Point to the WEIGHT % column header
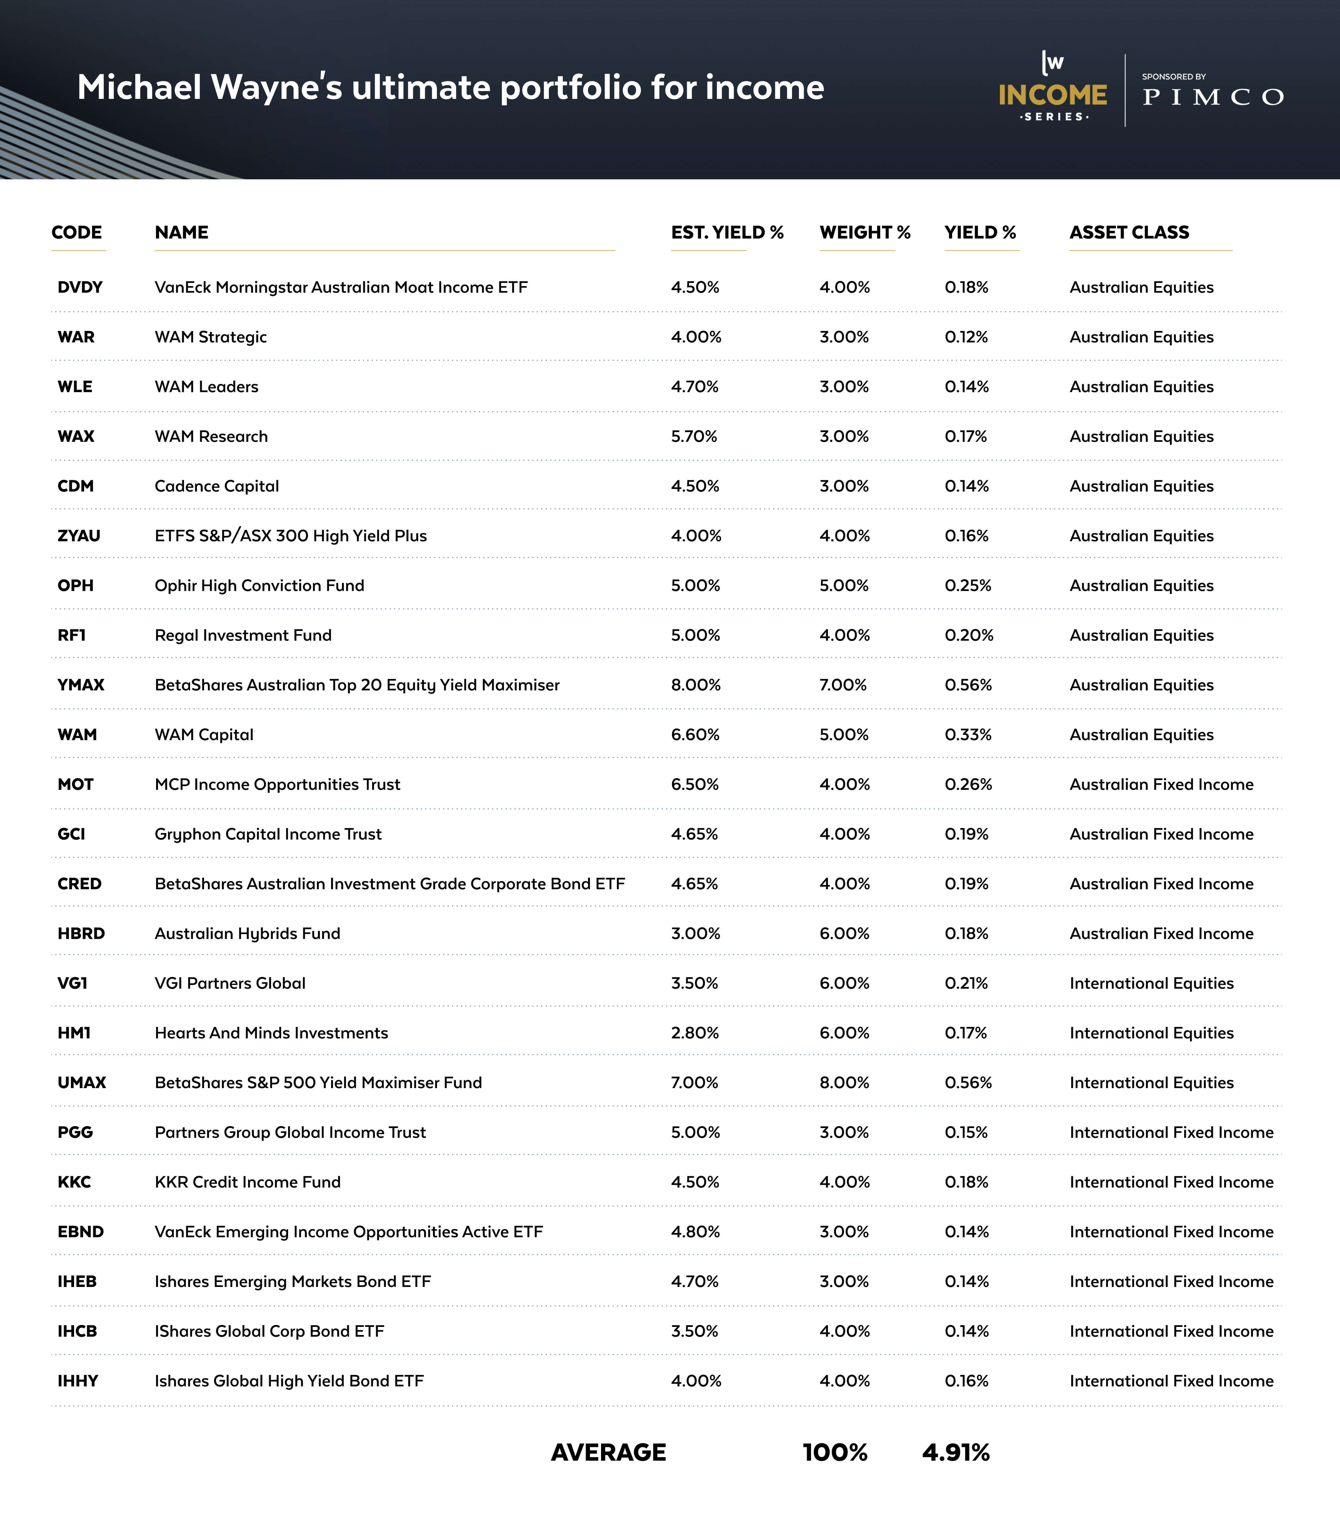click(864, 233)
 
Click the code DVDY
click(80, 287)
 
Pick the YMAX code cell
click(81, 685)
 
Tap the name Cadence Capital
click(217, 486)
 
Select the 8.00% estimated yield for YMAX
click(695, 685)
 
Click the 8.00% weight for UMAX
click(844, 1082)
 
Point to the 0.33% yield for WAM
click(968, 735)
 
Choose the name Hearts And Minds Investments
click(271, 1033)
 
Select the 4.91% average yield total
click(956, 1453)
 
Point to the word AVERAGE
click(608, 1453)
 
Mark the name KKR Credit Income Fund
click(248, 1182)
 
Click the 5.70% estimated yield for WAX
click(694, 436)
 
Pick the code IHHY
click(78, 1381)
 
